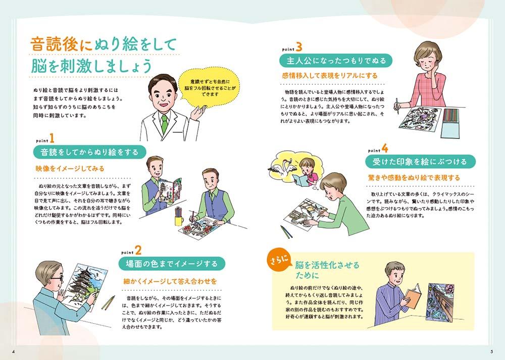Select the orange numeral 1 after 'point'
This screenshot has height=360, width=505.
(51, 138)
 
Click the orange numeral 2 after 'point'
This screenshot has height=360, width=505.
(138, 250)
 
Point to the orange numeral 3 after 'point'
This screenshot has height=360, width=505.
(299, 47)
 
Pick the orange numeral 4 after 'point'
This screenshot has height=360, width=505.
(384, 148)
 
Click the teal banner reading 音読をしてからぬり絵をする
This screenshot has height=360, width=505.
(89, 152)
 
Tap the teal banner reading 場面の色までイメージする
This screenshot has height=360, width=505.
(171, 264)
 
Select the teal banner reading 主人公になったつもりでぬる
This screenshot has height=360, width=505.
(336, 61)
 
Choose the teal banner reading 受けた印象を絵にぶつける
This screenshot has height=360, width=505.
(420, 162)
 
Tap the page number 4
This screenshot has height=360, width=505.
(13, 351)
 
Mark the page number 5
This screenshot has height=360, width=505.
(492, 351)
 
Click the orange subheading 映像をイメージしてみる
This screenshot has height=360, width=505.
(70, 169)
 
